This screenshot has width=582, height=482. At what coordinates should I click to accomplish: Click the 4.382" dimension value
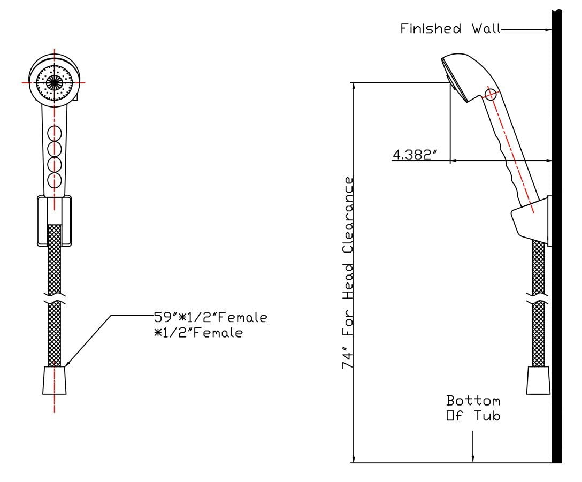pyautogui.click(x=415, y=155)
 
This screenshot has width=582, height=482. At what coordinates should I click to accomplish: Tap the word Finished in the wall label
pyautogui.click(x=431, y=28)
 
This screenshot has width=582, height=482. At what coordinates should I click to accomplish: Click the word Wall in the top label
pyautogui.click(x=486, y=28)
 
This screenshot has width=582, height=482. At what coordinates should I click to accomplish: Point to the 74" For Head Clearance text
pyautogui.click(x=348, y=273)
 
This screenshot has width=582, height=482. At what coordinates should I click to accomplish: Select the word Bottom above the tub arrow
pyautogui.click(x=473, y=401)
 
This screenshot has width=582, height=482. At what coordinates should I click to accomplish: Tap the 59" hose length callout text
pyautogui.click(x=210, y=317)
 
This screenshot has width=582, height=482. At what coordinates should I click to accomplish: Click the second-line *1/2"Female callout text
pyautogui.click(x=198, y=333)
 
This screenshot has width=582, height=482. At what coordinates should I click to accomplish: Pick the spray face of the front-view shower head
pyautogui.click(x=55, y=82)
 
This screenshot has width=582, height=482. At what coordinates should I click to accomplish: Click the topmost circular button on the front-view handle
pyautogui.click(x=55, y=133)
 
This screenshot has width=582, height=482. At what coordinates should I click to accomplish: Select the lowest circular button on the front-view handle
pyautogui.click(x=55, y=180)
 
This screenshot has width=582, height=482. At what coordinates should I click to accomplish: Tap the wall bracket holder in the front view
pyautogui.click(x=54, y=221)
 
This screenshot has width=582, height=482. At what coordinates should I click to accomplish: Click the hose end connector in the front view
pyautogui.click(x=55, y=380)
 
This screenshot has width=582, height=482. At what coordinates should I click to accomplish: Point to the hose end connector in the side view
pyautogui.click(x=538, y=380)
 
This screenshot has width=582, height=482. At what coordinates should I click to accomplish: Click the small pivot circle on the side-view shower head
pyautogui.click(x=491, y=95)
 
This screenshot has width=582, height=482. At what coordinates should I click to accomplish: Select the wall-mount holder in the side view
pyautogui.click(x=531, y=221)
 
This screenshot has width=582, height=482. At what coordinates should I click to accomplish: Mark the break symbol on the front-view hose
pyautogui.click(x=55, y=298)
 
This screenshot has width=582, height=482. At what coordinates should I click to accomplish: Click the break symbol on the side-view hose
pyautogui.click(x=538, y=298)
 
